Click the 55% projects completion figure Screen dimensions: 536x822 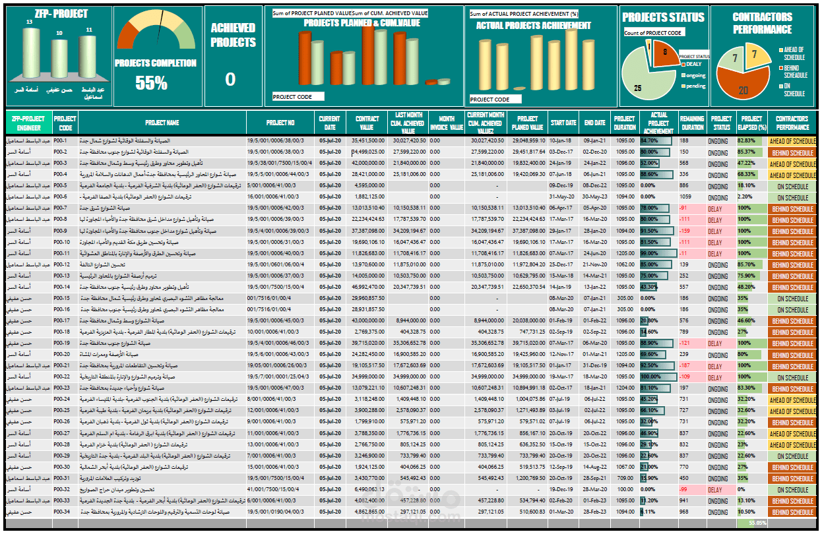151,82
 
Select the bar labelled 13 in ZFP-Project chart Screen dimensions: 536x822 30,56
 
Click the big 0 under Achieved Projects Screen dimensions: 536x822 230,80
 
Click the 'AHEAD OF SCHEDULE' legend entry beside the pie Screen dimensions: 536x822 794,53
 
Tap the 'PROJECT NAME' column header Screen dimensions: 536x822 162,123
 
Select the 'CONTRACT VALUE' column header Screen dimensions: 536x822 367,123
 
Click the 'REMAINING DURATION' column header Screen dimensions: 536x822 692,123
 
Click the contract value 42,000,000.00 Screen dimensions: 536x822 368,163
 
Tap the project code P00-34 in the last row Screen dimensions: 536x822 62,512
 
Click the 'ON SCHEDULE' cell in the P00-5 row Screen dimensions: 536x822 792,186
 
